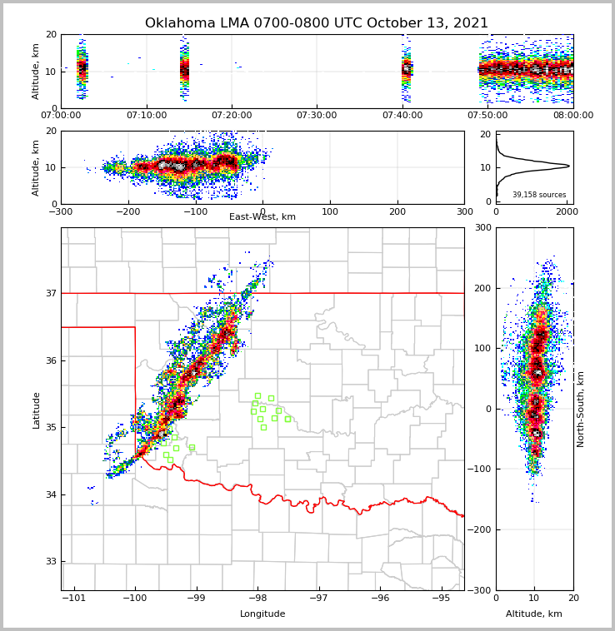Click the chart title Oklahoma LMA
317,23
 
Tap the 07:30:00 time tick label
317,115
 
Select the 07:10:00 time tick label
146,115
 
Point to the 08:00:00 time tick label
572,115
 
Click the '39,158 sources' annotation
539,195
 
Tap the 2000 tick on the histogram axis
567,211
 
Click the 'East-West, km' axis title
262,217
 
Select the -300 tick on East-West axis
61,211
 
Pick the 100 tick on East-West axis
330,211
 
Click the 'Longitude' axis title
262,614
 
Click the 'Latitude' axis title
37,410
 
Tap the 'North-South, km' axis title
581,409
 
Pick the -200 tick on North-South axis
480,529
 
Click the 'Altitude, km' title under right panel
534,614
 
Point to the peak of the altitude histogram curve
569,166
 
